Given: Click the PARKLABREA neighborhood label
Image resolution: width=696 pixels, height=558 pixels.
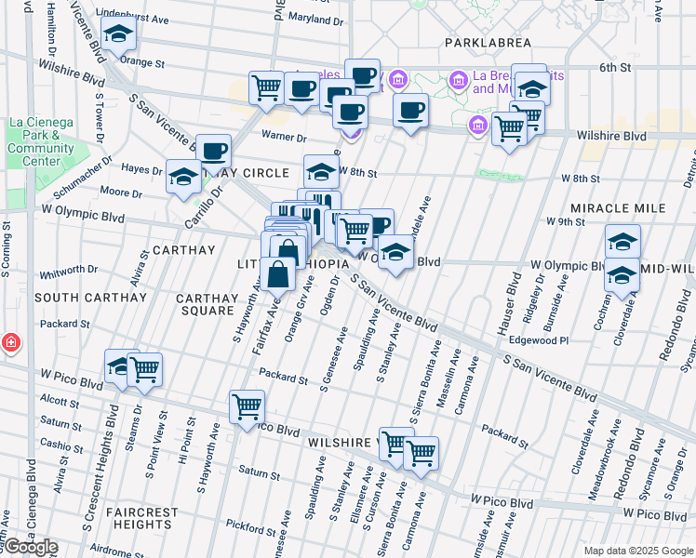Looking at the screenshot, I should click(488, 43).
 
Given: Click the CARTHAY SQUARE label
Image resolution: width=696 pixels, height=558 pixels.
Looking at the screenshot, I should click(210, 304).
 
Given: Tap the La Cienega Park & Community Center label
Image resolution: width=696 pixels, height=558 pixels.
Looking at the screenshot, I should click(41, 141).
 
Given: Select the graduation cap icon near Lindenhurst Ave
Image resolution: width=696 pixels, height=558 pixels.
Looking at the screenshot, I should click(119, 35).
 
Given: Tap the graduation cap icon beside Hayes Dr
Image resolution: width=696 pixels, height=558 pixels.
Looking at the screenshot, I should click(183, 177).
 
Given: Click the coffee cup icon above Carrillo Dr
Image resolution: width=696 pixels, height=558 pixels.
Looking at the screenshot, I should click(213, 151).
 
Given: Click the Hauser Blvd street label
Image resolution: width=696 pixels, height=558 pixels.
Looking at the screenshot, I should click(511, 291).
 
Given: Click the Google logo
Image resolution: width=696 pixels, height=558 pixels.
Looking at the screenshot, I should click(30, 547).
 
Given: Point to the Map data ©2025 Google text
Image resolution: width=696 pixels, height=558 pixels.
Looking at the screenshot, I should click(637, 551).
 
